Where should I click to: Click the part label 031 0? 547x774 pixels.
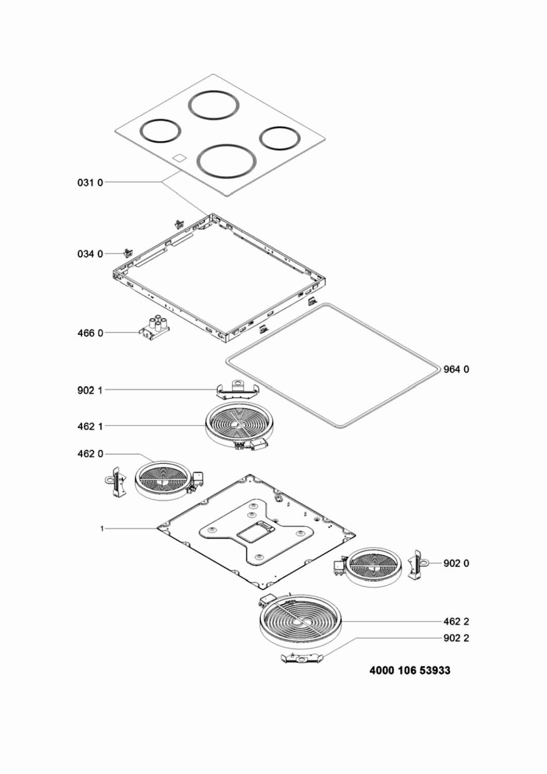pyautogui.click(x=90, y=183)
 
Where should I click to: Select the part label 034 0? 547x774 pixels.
pyautogui.click(x=90, y=254)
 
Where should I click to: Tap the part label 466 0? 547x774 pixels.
pyautogui.click(x=90, y=333)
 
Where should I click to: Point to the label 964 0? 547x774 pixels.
pyautogui.click(x=456, y=369)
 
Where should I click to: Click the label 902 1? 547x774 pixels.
pyautogui.click(x=90, y=391)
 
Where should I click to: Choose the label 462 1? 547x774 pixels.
pyautogui.click(x=90, y=426)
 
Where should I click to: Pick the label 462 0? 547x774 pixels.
pyautogui.click(x=90, y=454)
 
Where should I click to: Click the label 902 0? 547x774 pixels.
pyautogui.click(x=456, y=563)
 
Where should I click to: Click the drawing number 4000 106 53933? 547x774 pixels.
pyautogui.click(x=410, y=671)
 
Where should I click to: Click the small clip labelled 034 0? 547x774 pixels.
pyautogui.click(x=128, y=253)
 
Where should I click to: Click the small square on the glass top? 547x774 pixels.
pyautogui.click(x=179, y=158)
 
